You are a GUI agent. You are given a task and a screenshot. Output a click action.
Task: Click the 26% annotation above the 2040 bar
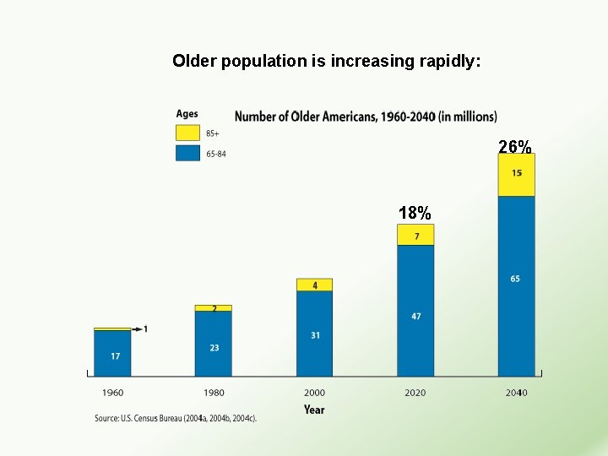515,147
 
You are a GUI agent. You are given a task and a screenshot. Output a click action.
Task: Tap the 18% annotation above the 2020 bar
415,213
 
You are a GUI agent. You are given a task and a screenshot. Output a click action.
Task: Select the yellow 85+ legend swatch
187,133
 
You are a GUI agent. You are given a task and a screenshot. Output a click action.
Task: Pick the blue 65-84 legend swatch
187,153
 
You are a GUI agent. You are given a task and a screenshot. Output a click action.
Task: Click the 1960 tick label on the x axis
112,393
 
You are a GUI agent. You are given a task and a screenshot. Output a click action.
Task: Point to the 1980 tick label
214,393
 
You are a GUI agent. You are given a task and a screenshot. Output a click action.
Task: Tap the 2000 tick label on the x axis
314,393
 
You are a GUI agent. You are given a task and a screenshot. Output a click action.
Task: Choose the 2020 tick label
415,393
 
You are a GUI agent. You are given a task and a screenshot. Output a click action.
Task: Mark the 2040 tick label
516,393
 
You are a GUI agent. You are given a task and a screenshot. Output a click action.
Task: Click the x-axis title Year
314,410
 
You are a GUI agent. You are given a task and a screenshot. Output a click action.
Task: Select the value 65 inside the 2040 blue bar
515,279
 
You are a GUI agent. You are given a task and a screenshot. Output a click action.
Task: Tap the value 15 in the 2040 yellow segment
516,173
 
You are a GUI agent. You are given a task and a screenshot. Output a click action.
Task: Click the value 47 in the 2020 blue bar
415,317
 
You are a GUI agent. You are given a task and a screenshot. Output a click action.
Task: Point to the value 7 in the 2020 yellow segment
415,236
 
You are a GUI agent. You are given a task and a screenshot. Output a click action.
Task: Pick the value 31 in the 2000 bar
315,335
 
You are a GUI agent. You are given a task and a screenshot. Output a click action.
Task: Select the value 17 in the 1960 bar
115,356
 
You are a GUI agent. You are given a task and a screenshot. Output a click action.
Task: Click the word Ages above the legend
187,114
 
